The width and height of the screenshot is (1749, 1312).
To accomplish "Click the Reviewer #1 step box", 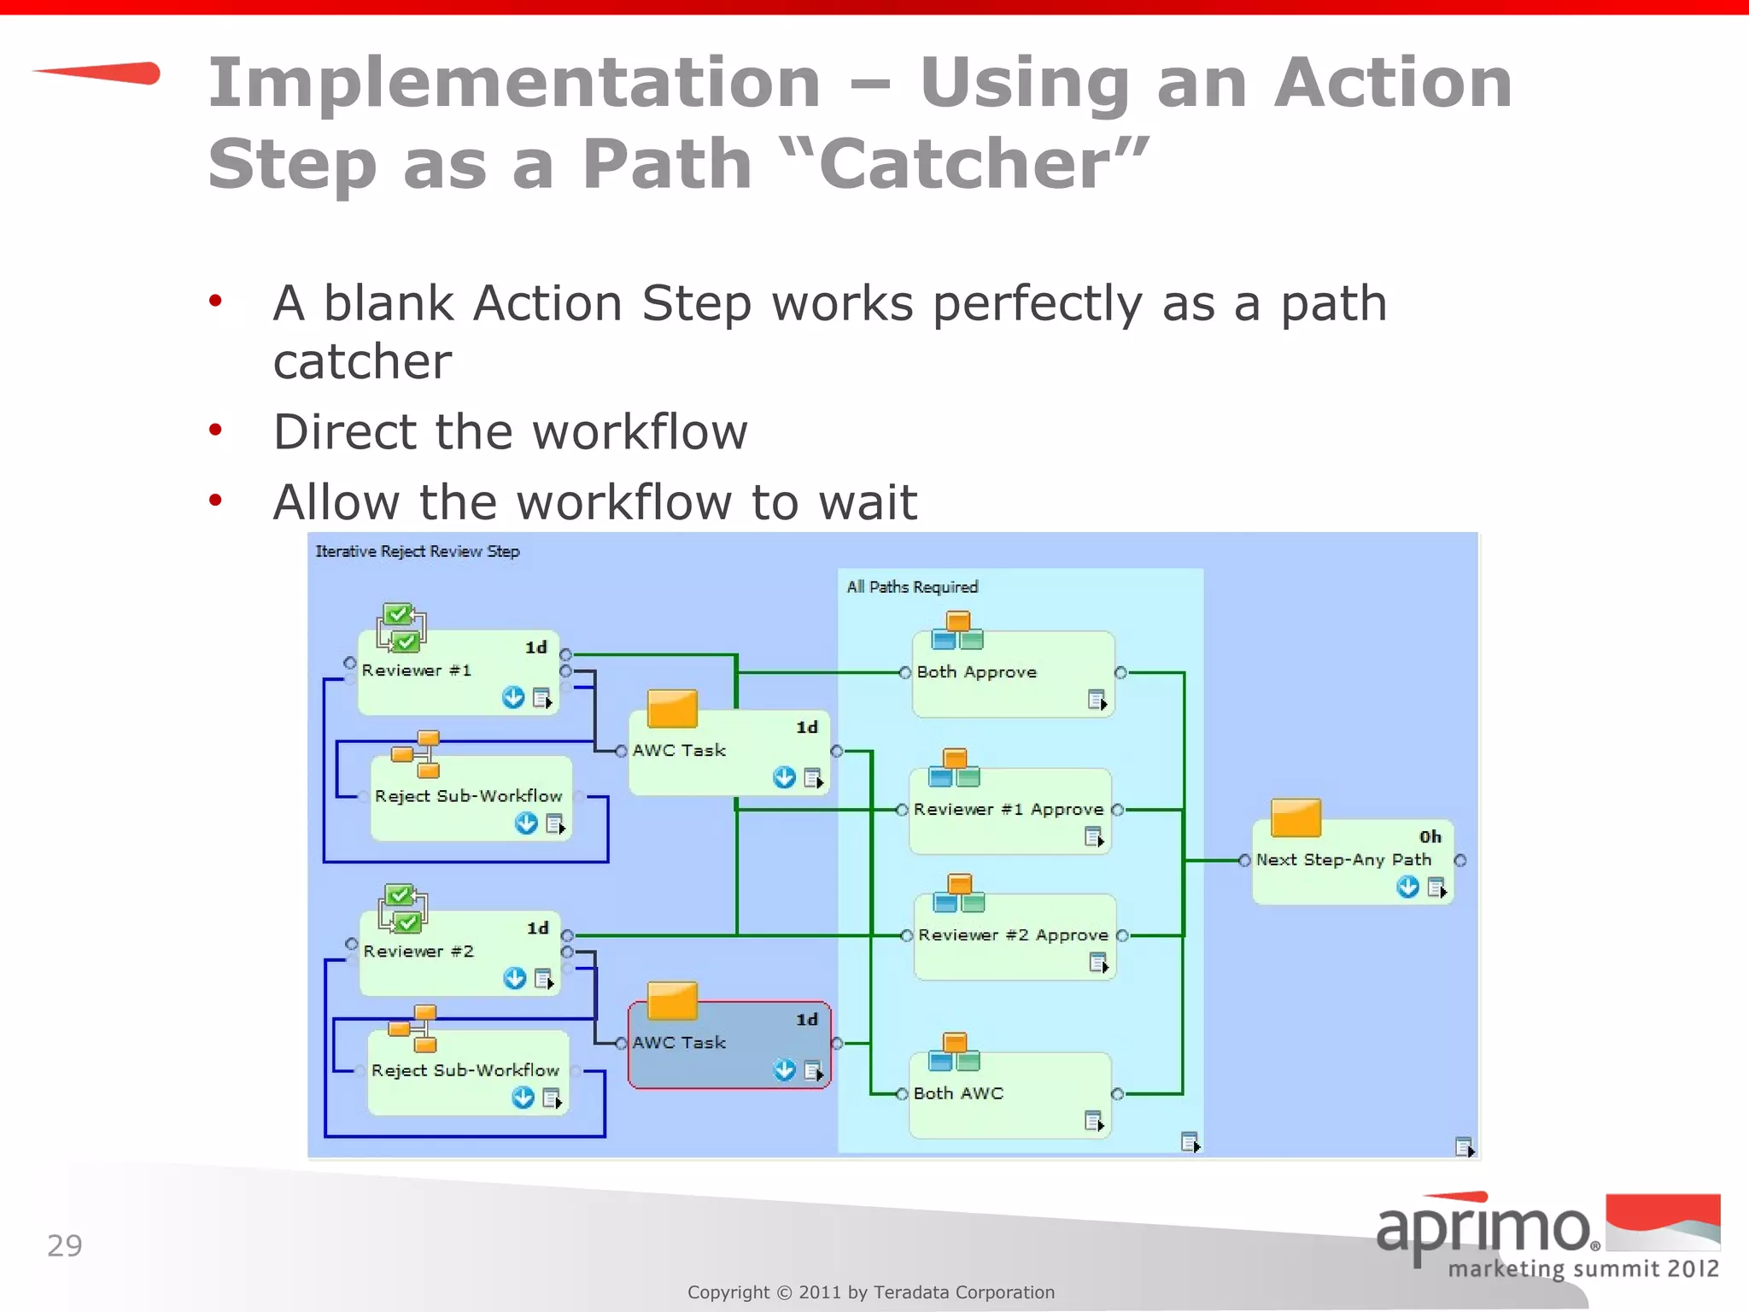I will click(x=458, y=673).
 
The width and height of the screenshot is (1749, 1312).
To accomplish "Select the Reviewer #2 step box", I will click(x=459, y=953).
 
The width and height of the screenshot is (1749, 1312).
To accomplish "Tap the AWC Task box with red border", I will click(x=728, y=1045).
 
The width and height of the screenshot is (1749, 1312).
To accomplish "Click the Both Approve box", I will click(x=1013, y=674).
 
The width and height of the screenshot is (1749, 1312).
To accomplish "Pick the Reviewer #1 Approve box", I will click(x=1009, y=811).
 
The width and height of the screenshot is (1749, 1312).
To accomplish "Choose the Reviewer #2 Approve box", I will click(x=1015, y=936).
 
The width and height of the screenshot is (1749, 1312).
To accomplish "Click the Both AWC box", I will click(x=1009, y=1095).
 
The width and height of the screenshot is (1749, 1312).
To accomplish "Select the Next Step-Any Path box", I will click(x=1352, y=861).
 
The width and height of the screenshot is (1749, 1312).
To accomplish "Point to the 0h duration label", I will click(x=1430, y=837).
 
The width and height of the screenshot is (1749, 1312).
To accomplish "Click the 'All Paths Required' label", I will click(x=912, y=588).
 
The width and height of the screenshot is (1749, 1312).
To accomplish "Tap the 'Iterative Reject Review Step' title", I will click(x=418, y=552).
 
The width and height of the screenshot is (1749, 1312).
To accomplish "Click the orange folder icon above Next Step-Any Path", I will click(x=1296, y=818).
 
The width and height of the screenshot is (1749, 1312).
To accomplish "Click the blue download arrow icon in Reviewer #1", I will click(x=513, y=698).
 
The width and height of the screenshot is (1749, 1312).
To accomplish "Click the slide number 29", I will click(x=65, y=1246).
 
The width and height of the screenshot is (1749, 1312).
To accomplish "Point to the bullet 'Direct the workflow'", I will click(x=510, y=432).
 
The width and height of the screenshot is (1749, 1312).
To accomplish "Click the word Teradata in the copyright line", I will click(x=911, y=1292).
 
